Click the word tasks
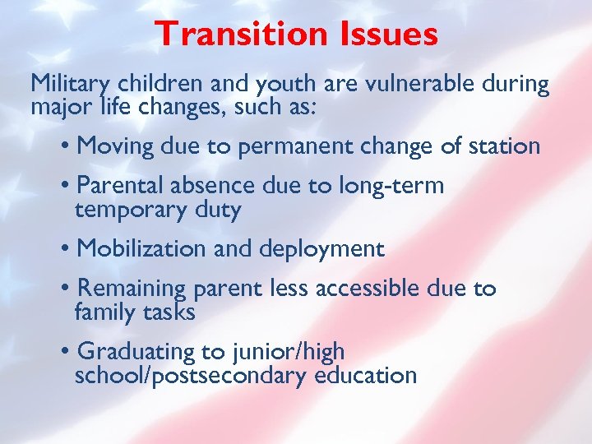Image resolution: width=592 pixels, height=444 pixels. pos(168,312)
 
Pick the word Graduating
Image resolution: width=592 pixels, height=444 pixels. pos(136,353)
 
